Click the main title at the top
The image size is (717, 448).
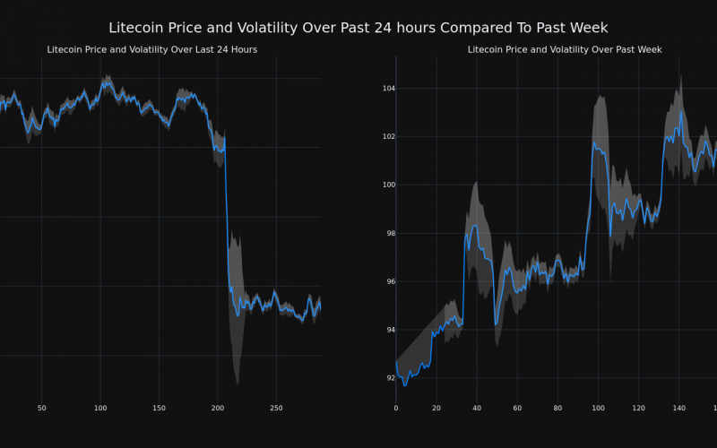(358, 29)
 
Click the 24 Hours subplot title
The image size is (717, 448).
(152, 50)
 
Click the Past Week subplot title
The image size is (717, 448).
(565, 50)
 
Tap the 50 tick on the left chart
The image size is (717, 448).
(41, 409)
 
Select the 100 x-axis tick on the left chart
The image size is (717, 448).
(99, 409)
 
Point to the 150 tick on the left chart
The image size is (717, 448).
(159, 409)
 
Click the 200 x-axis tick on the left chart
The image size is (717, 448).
(218, 409)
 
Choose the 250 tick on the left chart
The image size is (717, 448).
(276, 409)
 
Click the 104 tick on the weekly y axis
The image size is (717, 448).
(376, 89)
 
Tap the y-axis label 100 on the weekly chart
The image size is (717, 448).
(376, 185)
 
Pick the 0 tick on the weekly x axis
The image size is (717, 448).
(396, 409)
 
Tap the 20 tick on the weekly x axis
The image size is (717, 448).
(436, 409)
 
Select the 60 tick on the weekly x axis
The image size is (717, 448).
(517, 409)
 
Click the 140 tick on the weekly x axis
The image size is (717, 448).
(678, 409)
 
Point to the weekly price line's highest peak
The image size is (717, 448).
(681, 112)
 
